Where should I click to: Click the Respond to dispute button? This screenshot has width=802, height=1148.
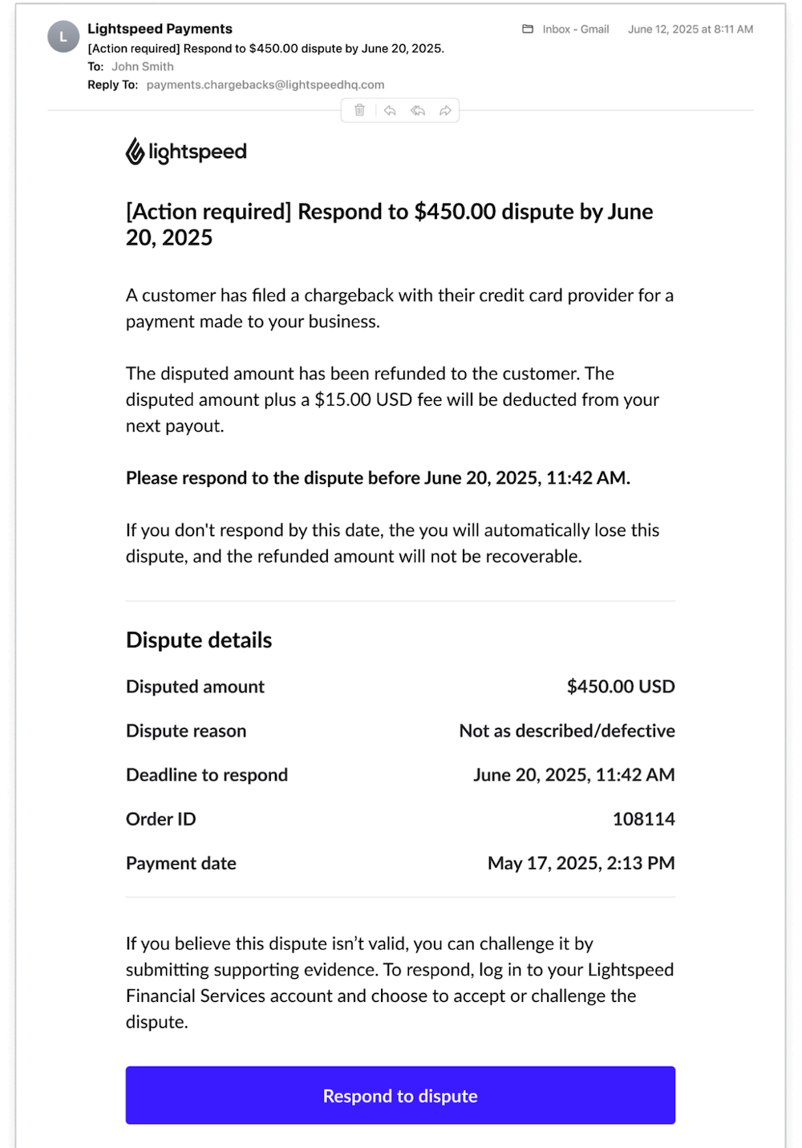[x=400, y=1095]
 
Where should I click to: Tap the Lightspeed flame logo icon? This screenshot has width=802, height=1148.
[x=135, y=151]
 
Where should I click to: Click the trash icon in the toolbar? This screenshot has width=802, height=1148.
[x=360, y=110]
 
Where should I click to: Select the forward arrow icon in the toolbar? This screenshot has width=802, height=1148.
[x=445, y=111]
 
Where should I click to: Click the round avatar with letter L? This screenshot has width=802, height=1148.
[x=63, y=37]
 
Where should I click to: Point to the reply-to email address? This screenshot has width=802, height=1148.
[x=265, y=85]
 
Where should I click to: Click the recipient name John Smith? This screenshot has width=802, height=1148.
[x=143, y=67]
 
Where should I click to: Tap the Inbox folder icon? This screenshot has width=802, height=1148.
[x=528, y=29]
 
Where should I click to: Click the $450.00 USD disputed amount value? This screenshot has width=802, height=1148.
[x=621, y=687]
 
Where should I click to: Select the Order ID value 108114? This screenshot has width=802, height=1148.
[x=644, y=819]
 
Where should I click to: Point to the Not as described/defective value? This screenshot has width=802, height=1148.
[x=567, y=731]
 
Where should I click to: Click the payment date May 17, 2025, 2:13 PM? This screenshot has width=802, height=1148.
[x=581, y=863]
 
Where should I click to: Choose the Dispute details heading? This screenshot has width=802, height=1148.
[x=199, y=640]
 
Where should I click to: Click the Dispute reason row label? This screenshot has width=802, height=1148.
[x=186, y=731]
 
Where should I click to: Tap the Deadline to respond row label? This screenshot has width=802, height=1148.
[x=207, y=775]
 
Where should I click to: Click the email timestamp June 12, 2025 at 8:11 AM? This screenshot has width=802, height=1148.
[x=691, y=29]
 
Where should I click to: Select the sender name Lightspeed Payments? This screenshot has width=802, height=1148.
[x=160, y=29]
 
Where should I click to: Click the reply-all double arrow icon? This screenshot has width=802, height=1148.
[x=418, y=111]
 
